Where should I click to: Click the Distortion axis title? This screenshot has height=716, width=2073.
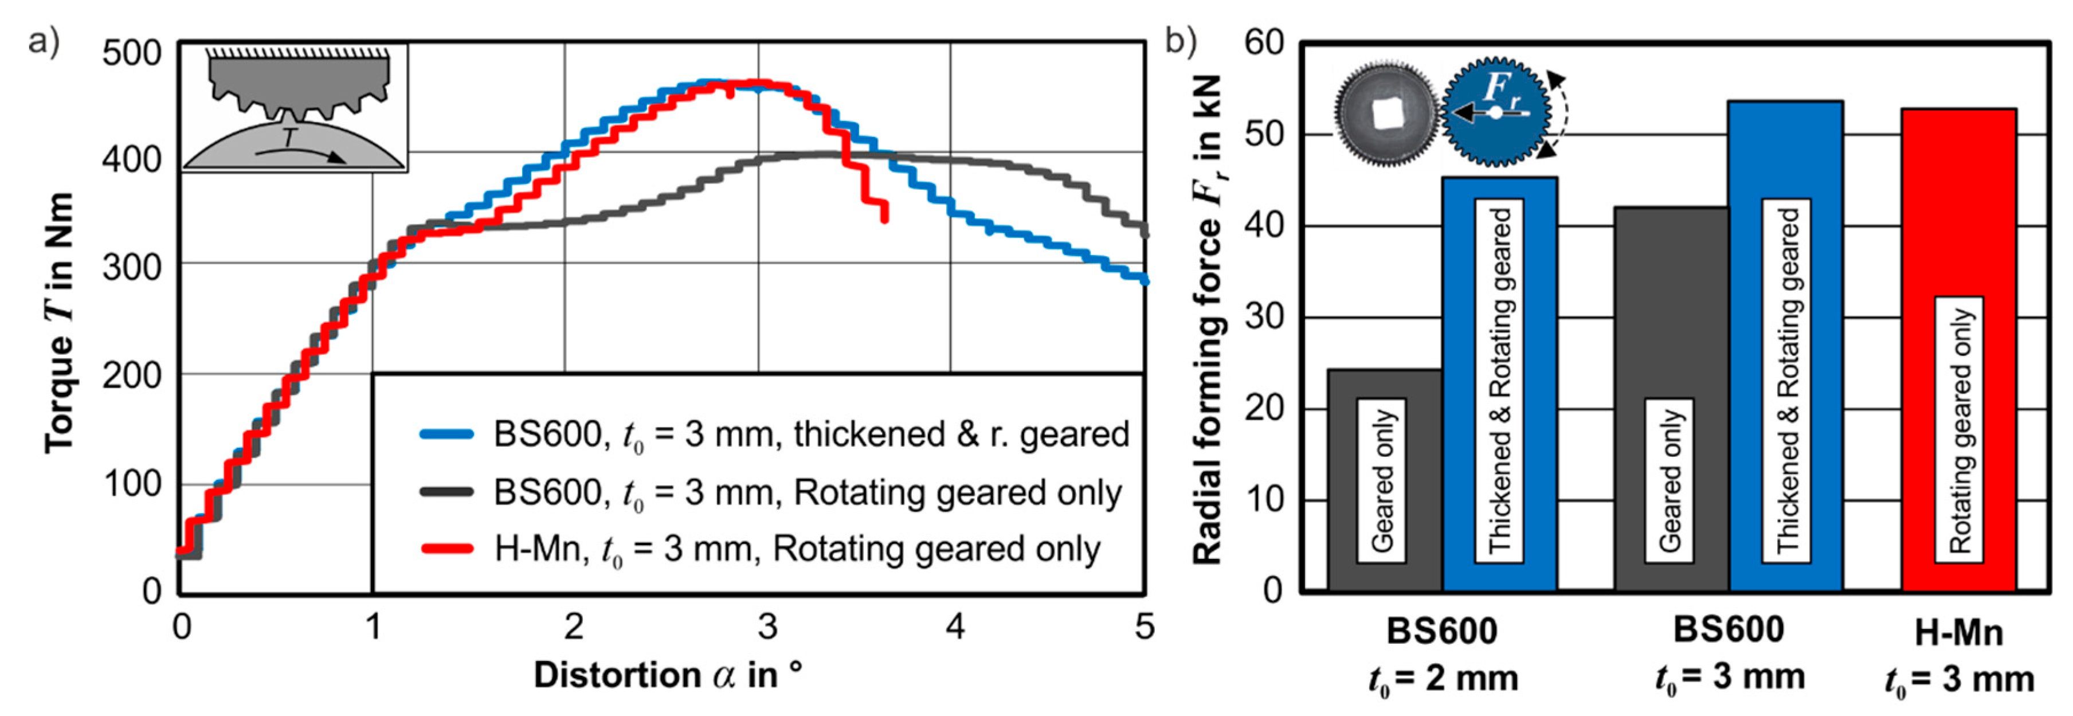tap(668, 674)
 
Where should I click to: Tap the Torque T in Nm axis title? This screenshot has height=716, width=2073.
tap(60, 322)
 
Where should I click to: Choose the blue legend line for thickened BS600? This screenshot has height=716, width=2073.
tap(446, 435)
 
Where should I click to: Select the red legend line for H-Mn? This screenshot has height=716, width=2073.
tap(446, 550)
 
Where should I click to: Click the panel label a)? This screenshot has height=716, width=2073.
tap(44, 40)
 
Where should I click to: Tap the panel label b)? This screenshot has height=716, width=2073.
tap(1181, 40)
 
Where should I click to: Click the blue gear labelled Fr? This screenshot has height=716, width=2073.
tap(1496, 112)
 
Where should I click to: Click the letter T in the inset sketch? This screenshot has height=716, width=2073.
tap(289, 138)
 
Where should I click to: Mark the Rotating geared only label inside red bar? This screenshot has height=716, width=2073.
tap(1959, 431)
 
